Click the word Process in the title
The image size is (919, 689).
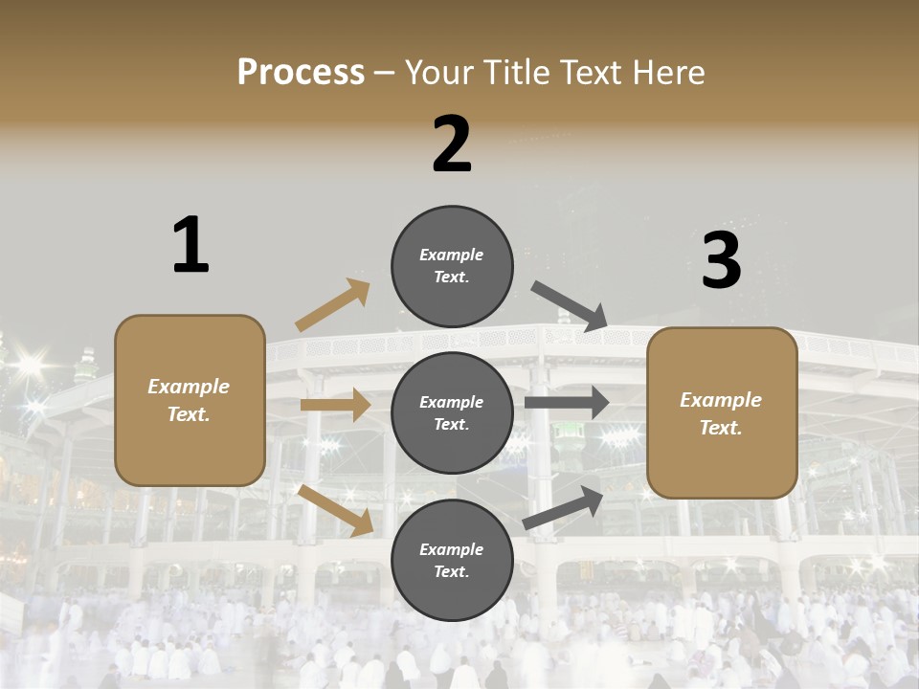(x=301, y=72)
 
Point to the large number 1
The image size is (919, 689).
(x=190, y=245)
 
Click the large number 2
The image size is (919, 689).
(x=452, y=144)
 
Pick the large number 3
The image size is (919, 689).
(x=721, y=261)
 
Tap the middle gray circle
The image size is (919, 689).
(x=452, y=412)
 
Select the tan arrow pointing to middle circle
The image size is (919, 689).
(x=335, y=405)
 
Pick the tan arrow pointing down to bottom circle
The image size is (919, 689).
(x=336, y=510)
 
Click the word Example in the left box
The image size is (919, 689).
(x=189, y=387)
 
